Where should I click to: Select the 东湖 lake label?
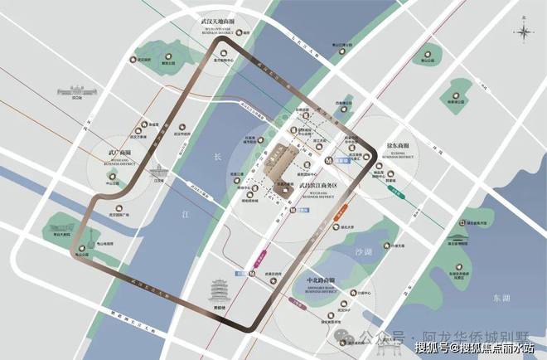click(500, 297)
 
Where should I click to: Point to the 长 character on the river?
click(218, 156)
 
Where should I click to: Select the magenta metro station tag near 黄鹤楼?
click(264, 250)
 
